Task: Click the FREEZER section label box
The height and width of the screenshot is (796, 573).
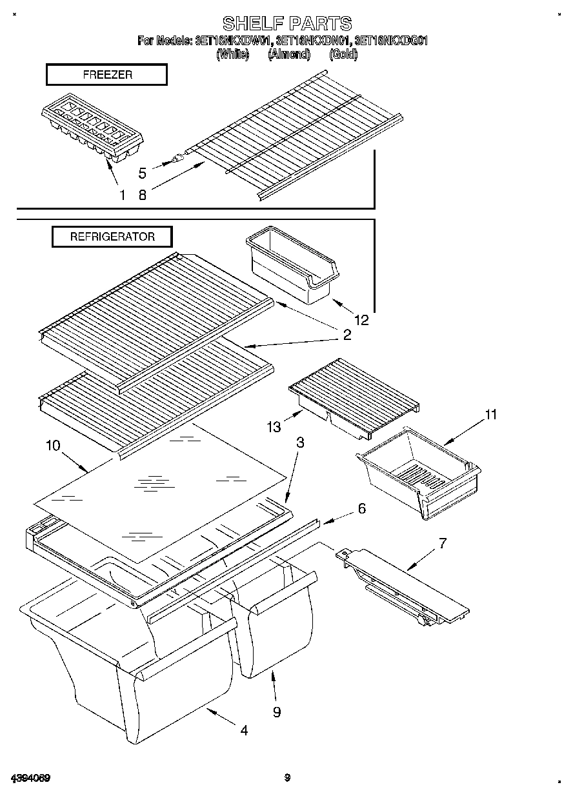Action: (x=106, y=75)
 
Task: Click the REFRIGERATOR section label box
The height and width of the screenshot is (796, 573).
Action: (x=112, y=237)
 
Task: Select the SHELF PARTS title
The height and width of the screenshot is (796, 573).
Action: (x=286, y=24)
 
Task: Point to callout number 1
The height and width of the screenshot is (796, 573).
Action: (x=123, y=195)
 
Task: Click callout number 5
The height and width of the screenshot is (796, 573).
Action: (x=143, y=173)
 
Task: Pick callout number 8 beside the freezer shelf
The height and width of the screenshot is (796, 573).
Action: (x=142, y=195)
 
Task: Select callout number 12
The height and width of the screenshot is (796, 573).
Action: (x=361, y=319)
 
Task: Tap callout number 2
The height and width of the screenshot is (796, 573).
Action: (x=347, y=335)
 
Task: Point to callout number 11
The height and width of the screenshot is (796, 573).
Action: (x=490, y=415)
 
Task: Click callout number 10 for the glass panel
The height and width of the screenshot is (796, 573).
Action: (x=53, y=445)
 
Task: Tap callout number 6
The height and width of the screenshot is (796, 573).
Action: (x=361, y=508)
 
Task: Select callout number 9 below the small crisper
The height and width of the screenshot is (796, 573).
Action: (x=277, y=712)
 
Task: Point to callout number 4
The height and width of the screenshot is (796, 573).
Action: (x=243, y=730)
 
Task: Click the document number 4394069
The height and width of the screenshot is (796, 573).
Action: (x=30, y=777)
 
